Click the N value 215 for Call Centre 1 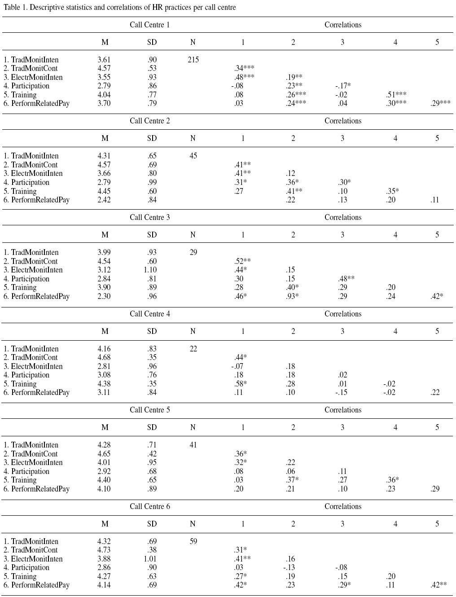pyautogui.click(x=193, y=60)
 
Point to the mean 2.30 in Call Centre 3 pyautogui.click(x=104, y=296)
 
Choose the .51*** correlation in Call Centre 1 pyautogui.click(x=396, y=95)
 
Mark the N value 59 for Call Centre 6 pyautogui.click(x=193, y=541)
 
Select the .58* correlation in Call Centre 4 pyautogui.click(x=241, y=384)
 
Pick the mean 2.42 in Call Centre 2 pyautogui.click(x=104, y=200)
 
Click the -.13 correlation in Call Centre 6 pyautogui.click(x=290, y=568)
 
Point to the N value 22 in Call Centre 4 pyautogui.click(x=193, y=349)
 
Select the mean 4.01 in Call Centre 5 pyautogui.click(x=104, y=463)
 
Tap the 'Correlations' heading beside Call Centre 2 pyautogui.click(x=343, y=121)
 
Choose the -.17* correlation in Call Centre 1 pyautogui.click(x=342, y=86)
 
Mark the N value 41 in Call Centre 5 pyautogui.click(x=193, y=445)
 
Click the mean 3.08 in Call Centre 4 pyautogui.click(x=104, y=375)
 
